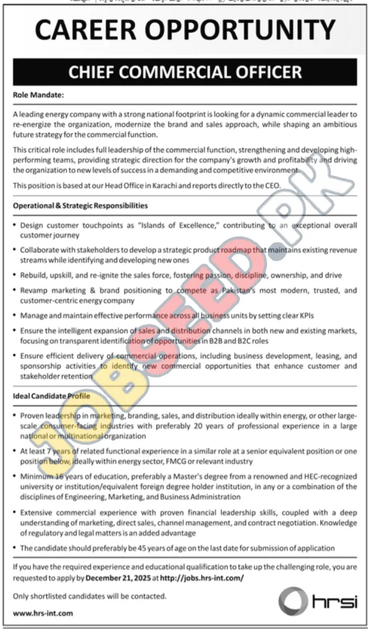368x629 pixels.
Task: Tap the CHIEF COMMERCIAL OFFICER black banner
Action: coord(184,72)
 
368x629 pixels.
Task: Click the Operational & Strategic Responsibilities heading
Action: coord(80,206)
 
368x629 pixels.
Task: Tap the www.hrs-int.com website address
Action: coord(43,614)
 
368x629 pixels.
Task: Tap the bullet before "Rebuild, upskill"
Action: coord(14,275)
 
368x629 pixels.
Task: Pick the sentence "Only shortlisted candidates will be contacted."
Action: coord(89,597)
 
